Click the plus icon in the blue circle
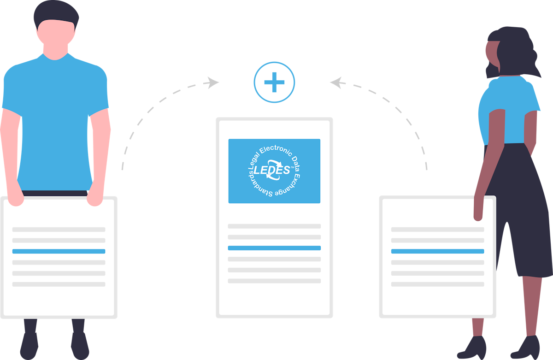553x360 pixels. (x=274, y=83)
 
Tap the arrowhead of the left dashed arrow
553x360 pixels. (x=213, y=83)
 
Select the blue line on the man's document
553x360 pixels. (x=59, y=251)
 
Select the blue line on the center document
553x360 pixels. (x=274, y=248)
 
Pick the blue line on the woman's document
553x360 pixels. (x=437, y=251)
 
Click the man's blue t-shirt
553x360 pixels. (x=55, y=115)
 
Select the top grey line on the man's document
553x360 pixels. (x=59, y=229)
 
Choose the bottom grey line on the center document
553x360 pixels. (x=274, y=281)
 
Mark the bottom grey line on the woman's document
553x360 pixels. (x=437, y=284)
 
